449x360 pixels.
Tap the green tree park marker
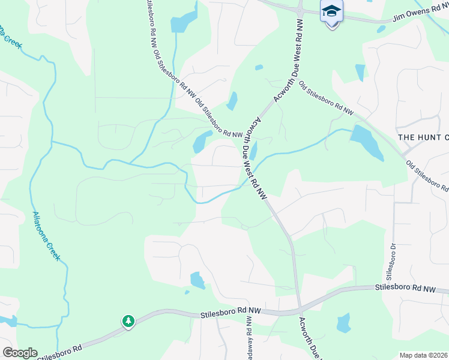[128, 322]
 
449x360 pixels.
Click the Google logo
[19, 353]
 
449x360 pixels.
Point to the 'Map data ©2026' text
[423, 355]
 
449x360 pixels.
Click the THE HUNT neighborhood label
[424, 137]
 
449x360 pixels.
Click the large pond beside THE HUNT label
[367, 143]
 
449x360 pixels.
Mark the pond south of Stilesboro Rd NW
[343, 323]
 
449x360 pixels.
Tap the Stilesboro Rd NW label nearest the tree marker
[231, 312]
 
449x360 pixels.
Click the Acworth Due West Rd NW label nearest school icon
[297, 54]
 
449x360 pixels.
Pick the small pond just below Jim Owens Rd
[381, 29]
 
